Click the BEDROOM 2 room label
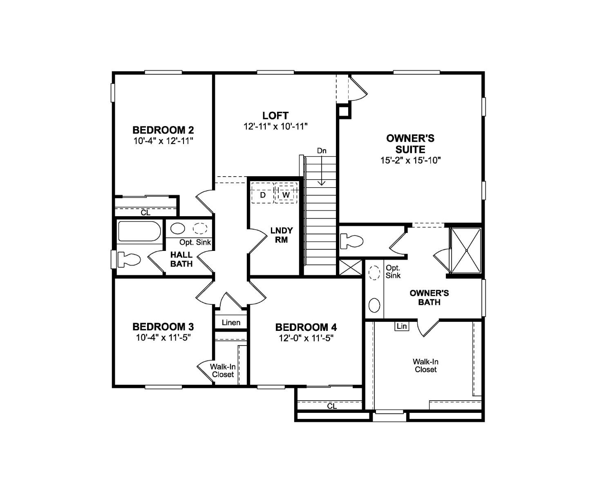click(x=163, y=130)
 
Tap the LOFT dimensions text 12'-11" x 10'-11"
click(x=275, y=126)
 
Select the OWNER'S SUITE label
click(x=410, y=144)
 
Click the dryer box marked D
click(x=263, y=195)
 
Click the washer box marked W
click(x=286, y=195)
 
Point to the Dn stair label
click(x=322, y=151)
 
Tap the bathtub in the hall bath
click(x=139, y=232)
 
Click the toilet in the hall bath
click(x=129, y=259)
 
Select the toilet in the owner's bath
click(x=352, y=241)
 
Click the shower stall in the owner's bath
click(x=465, y=250)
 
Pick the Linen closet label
click(x=231, y=323)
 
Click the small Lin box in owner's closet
click(x=402, y=326)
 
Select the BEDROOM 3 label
click(x=163, y=327)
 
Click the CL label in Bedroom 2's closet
click(x=145, y=213)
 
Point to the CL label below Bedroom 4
click(x=332, y=406)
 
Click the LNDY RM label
click(x=281, y=235)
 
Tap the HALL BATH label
click(x=181, y=259)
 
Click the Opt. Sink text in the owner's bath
click(x=393, y=271)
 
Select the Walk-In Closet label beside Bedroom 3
click(x=223, y=370)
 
